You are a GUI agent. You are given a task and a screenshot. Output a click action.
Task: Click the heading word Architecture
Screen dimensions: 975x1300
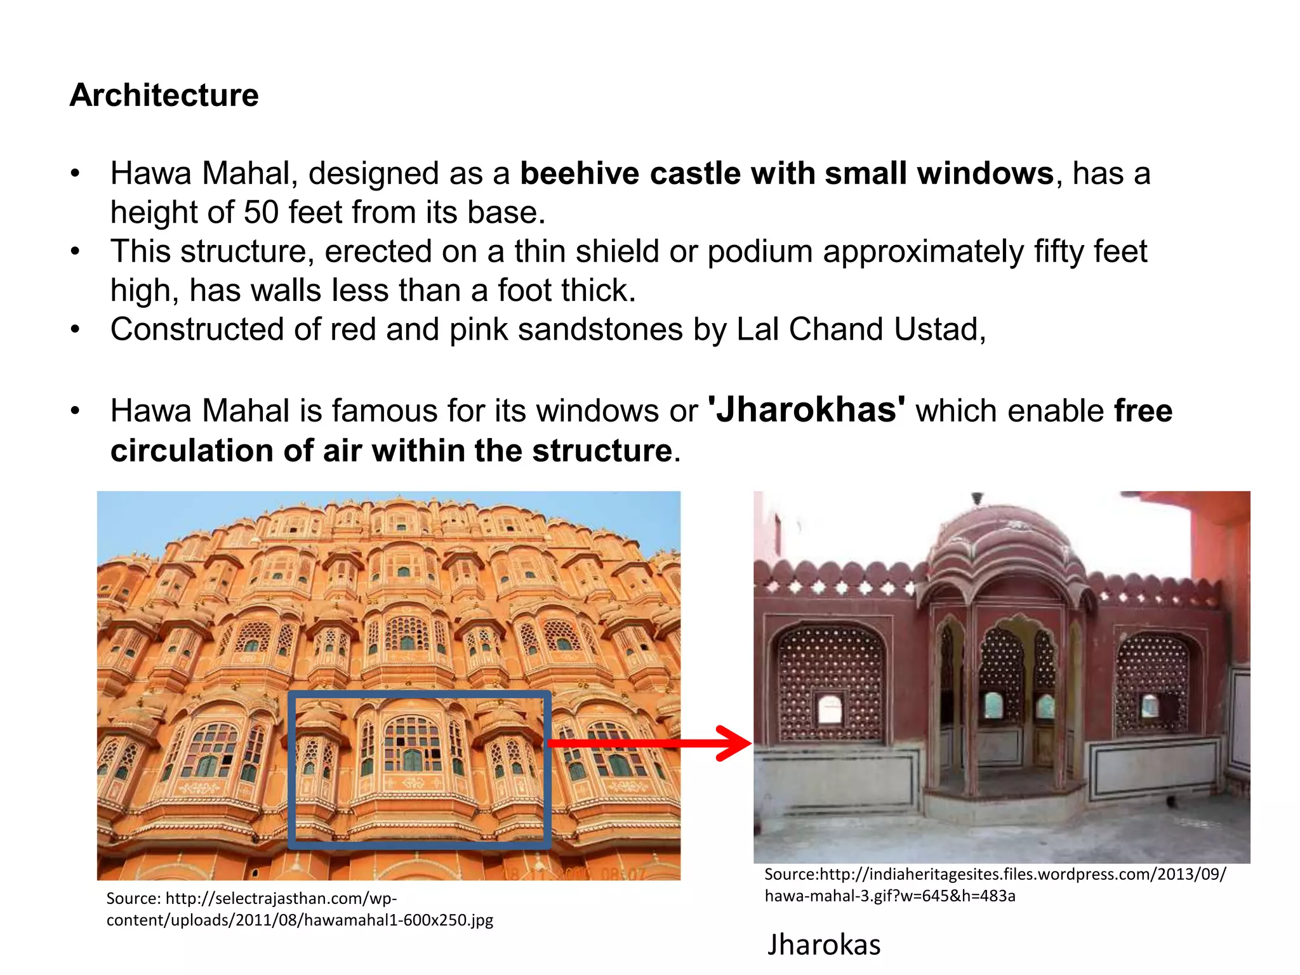point(164,95)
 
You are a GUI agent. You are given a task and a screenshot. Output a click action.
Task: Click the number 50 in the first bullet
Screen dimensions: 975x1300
point(261,212)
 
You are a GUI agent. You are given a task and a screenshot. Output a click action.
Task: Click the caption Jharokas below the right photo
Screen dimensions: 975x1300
point(824,945)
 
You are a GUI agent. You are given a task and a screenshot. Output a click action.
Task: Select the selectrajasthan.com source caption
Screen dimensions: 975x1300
point(300,909)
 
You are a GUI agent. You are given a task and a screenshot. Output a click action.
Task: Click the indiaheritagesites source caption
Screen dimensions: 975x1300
point(995,885)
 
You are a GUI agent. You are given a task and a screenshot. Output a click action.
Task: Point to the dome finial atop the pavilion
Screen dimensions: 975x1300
point(978,499)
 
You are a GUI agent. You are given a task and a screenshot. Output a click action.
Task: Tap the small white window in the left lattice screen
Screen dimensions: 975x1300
point(830,709)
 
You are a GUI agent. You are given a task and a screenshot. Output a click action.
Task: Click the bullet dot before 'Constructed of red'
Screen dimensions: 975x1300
point(76,329)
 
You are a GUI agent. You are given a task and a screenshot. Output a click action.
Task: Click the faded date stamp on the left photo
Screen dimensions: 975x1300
point(574,873)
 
